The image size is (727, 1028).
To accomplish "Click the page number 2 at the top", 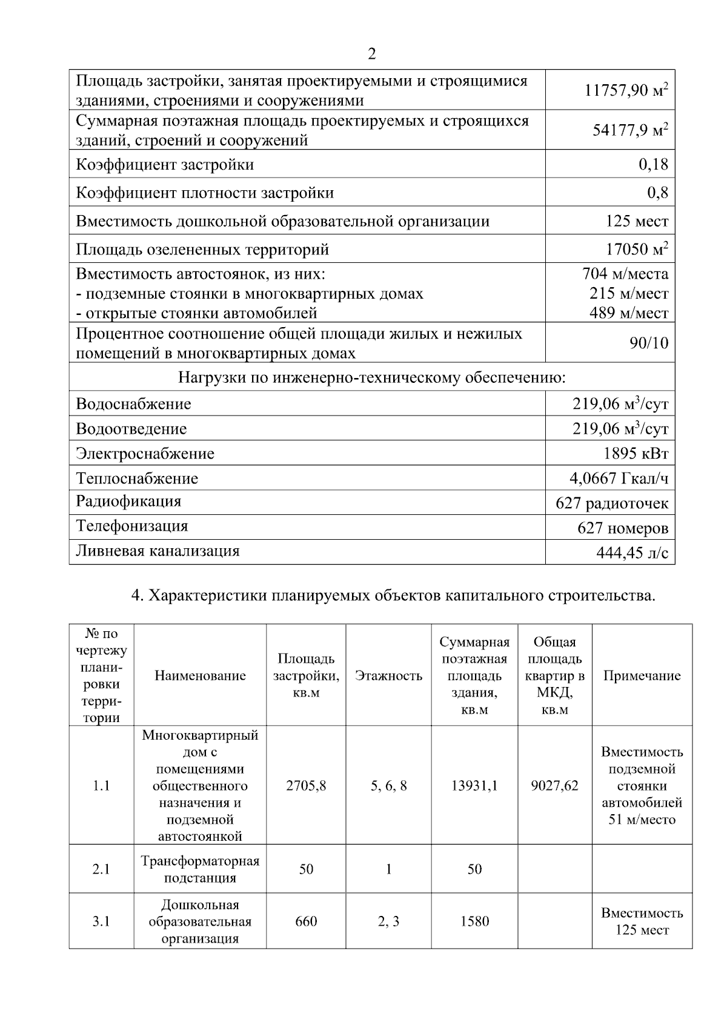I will coord(371,55).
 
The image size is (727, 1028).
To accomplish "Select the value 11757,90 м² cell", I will coord(626,91).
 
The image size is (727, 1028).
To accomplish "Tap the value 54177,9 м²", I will coord(630,130).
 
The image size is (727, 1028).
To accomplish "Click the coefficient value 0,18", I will coord(653,164).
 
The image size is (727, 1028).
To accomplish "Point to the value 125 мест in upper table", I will coord(637,221).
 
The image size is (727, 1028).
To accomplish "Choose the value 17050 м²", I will coord(637,249).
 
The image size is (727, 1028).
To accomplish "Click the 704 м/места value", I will coord(625,274).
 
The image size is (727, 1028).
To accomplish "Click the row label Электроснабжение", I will coord(145,454).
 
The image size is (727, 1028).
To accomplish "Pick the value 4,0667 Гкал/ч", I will coord(619,479).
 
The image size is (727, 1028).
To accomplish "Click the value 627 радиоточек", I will coord(612,503).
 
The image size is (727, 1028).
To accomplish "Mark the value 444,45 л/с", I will coord(632,553).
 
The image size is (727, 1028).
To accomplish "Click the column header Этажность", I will coord(388,676).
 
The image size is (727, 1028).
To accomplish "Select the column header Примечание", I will coord(642,676).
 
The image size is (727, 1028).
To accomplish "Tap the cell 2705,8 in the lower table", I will coord(306,786).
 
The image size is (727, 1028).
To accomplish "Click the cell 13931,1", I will coord(474,786).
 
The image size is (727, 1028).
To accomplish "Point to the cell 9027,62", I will coord(554,786).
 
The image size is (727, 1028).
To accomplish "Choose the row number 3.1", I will coord(101,921).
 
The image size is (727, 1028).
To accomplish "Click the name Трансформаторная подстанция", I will coord(200,869).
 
